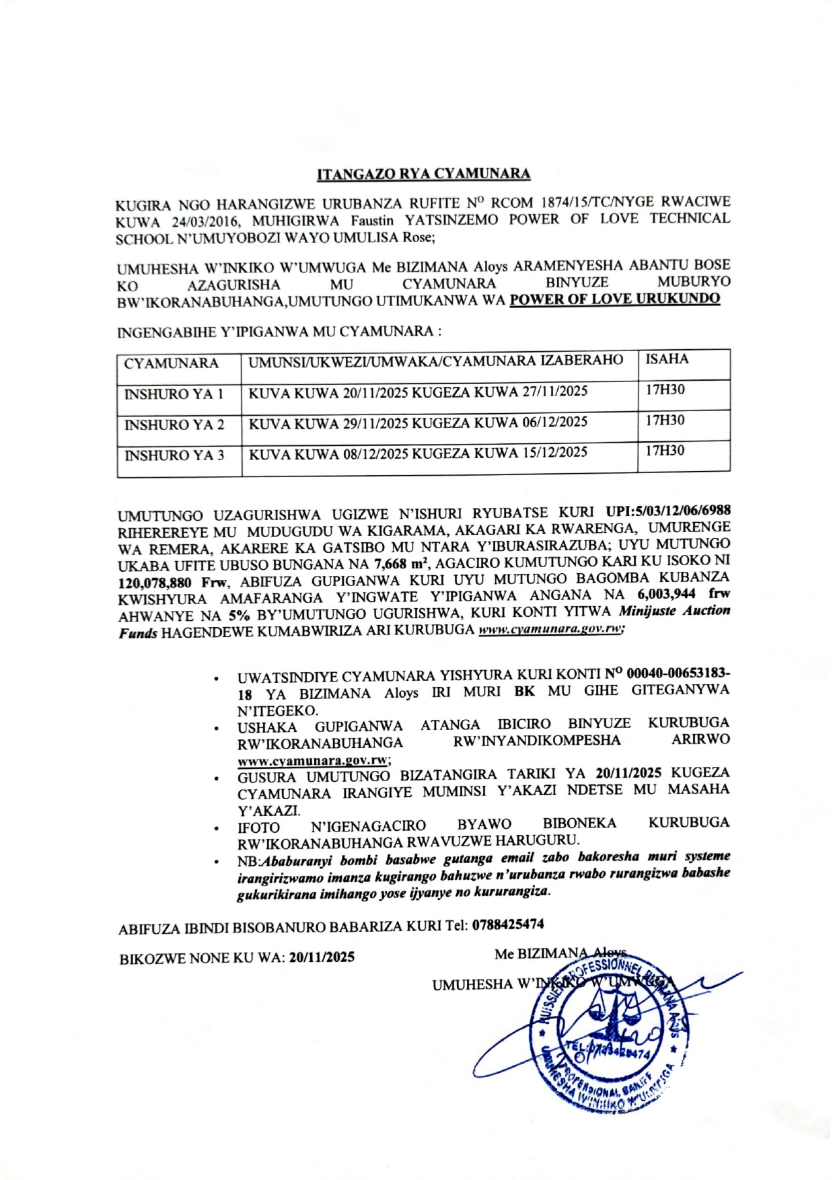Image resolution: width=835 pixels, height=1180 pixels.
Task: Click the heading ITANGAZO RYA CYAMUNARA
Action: point(423,174)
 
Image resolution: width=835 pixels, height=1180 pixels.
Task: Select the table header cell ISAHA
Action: point(667,359)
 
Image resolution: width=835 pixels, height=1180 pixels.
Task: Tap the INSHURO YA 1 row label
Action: point(174,394)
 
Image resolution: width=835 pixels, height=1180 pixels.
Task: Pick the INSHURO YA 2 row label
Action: point(174,425)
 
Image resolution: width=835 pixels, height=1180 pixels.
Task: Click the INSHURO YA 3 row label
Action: point(174,456)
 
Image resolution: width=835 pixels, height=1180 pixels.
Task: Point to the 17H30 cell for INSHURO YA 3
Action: point(665,451)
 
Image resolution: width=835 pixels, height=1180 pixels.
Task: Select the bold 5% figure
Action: point(235,615)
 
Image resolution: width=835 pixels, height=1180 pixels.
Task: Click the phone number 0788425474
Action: point(508,924)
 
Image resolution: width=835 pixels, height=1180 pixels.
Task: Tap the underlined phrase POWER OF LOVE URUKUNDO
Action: point(615,299)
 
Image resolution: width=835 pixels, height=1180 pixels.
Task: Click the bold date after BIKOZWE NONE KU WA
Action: point(322,957)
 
